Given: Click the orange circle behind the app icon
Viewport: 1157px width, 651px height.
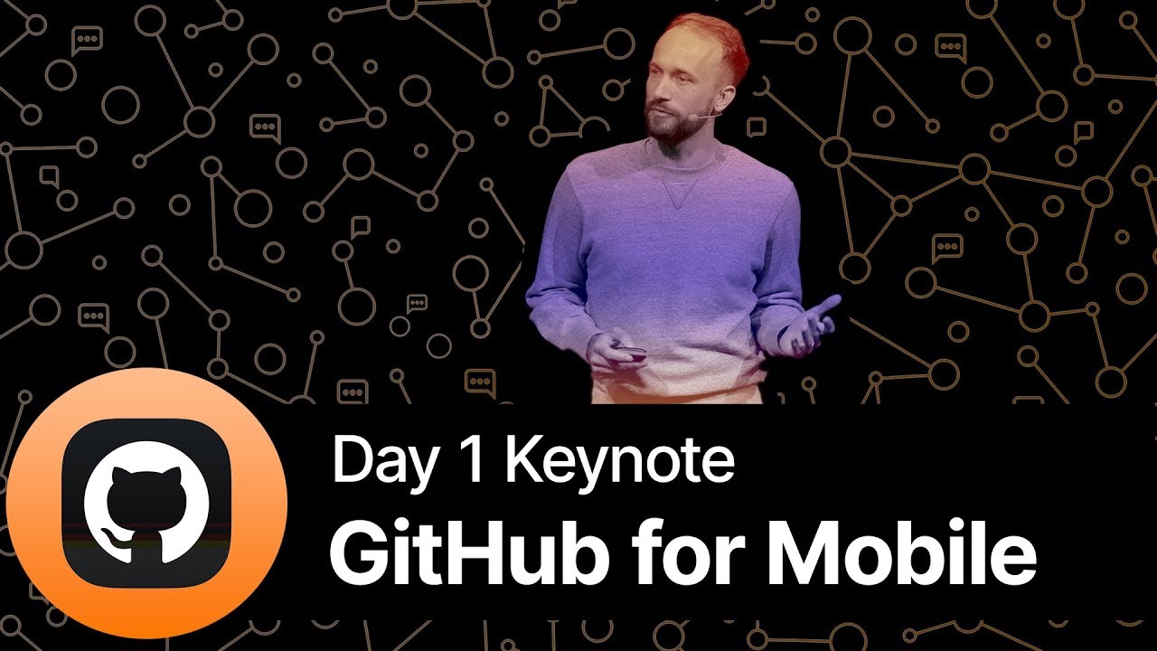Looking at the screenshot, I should coord(36,579).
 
